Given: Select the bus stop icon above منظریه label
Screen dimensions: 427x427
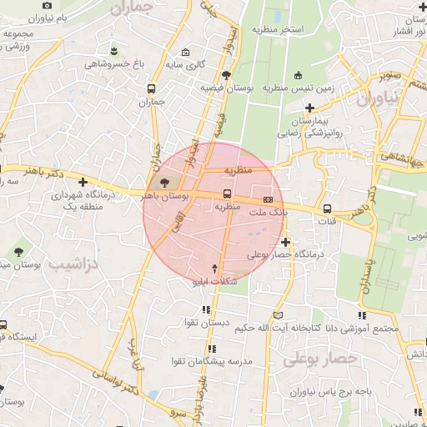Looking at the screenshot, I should pos(227,194).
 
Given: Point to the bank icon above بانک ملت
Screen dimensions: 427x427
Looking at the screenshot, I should pos(268,200).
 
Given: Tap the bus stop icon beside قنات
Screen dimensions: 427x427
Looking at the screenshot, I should pos(326,208).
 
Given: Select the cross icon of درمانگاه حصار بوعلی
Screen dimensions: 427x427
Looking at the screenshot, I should pos(286,242).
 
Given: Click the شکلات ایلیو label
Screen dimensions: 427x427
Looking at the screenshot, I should pos(216,282).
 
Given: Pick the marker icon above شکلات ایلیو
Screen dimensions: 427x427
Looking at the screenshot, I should pos(216,269).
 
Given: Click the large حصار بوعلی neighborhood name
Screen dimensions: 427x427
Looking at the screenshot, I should pos(319,359).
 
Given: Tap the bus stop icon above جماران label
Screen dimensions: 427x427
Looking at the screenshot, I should pos(151,89).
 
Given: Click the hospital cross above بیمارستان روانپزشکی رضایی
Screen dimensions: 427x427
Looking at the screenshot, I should pos(309,108).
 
